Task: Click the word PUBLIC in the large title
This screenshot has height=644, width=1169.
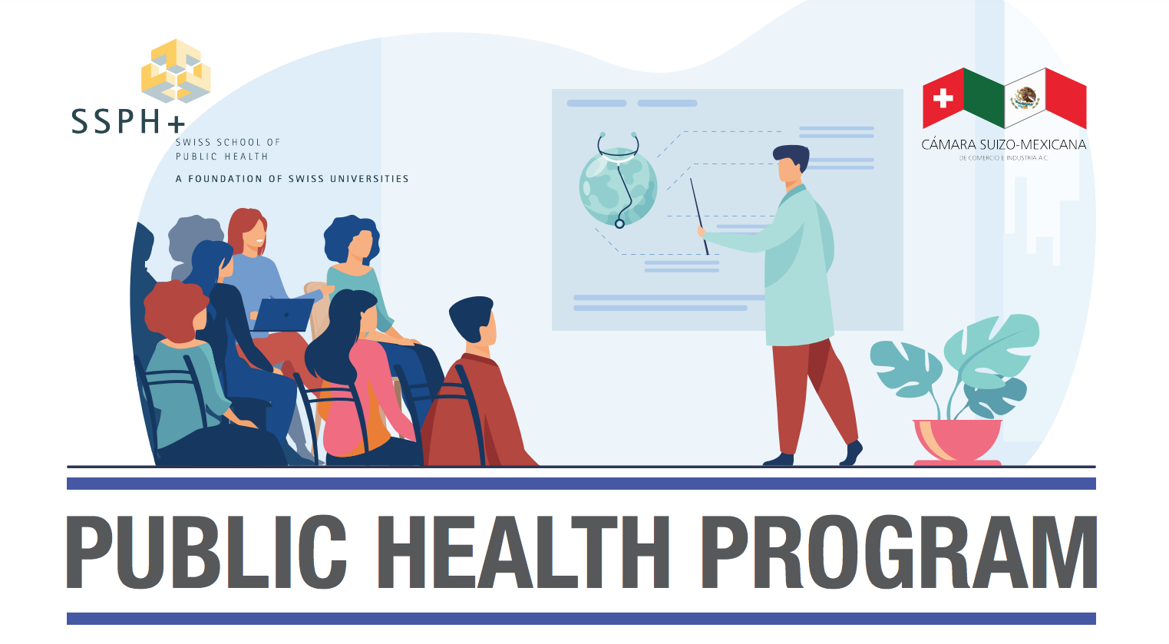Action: (x=206, y=552)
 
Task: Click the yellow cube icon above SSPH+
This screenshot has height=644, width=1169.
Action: (x=176, y=71)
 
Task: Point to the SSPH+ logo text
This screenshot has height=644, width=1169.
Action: (x=128, y=121)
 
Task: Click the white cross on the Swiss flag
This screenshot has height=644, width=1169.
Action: (x=943, y=98)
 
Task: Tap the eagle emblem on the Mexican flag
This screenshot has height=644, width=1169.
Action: (x=1025, y=97)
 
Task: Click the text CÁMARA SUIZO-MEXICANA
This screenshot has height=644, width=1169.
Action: (x=1003, y=144)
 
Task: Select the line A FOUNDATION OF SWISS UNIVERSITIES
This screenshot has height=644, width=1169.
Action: (x=292, y=179)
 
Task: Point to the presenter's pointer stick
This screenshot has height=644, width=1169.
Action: (x=699, y=216)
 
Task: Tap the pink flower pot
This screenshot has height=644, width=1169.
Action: (x=957, y=441)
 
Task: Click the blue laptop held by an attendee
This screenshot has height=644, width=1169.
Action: (x=283, y=314)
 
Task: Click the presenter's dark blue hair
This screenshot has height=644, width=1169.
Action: (x=792, y=156)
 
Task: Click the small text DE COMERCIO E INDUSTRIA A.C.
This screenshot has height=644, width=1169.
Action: (x=1003, y=157)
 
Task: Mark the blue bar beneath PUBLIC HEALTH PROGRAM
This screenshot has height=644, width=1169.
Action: (x=581, y=619)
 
